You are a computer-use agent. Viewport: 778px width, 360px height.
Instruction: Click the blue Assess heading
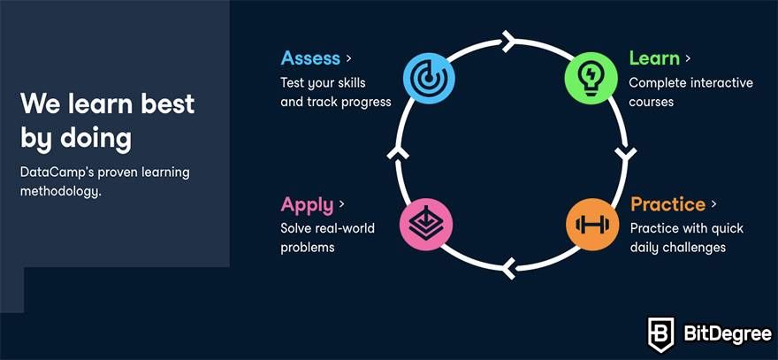point(310,58)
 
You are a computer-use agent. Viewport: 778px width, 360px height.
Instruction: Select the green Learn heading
point(654,58)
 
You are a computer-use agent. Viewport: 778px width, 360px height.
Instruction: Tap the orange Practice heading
point(667,204)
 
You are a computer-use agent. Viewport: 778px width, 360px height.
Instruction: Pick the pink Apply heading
point(307,205)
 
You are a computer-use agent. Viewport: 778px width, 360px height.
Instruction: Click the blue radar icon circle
point(428,79)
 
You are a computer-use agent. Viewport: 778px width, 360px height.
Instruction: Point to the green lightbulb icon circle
point(591,79)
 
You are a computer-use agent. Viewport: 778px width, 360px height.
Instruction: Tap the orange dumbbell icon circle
point(592,224)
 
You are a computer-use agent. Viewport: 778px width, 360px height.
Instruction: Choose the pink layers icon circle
point(426,224)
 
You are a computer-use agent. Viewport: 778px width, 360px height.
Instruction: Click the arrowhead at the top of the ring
point(509,42)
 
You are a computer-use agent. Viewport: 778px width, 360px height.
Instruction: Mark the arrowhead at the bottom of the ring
point(508,269)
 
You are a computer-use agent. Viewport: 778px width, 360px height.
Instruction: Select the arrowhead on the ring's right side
point(625,153)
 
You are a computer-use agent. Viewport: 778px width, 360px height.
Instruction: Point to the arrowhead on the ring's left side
point(398,152)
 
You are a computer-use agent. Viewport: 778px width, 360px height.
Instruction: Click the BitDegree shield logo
point(661,334)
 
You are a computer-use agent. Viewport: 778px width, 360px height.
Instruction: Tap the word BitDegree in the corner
point(728,334)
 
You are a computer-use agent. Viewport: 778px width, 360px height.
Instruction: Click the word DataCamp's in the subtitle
point(57,173)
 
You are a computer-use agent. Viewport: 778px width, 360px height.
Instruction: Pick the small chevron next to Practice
point(713,204)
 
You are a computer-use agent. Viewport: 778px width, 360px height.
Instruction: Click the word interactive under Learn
point(722,82)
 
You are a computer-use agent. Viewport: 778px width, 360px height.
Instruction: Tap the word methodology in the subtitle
point(60,192)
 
